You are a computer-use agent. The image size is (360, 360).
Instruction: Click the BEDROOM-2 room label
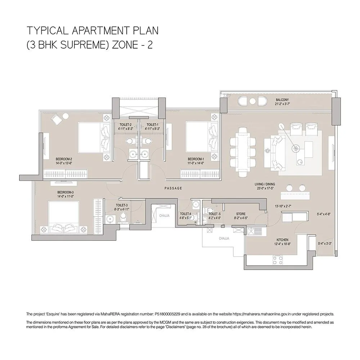64,159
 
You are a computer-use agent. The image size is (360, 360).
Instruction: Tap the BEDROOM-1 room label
196,159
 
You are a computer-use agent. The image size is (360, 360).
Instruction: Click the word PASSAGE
173,188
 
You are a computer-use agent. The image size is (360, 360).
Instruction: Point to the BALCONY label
282,100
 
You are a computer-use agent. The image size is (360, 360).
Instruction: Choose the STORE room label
240,214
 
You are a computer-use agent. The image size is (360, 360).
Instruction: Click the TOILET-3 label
122,205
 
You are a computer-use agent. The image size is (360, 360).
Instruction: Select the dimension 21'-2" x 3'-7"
282,104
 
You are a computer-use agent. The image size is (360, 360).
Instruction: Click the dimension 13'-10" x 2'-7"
283,206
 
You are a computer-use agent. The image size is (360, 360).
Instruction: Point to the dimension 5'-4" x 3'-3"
325,243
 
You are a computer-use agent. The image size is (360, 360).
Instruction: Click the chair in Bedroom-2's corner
58,120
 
